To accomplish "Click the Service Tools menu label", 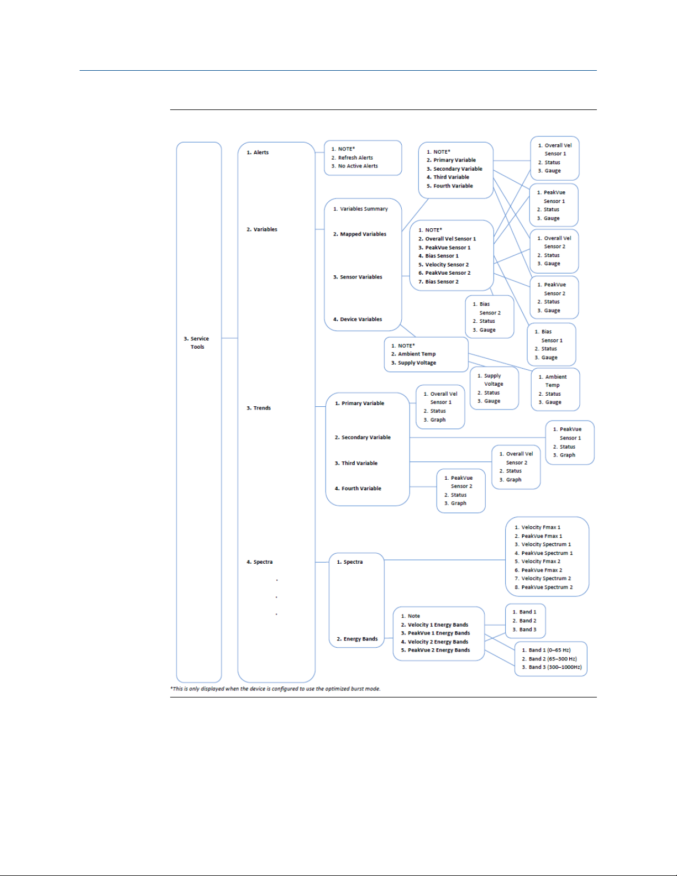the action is click(196, 343).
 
